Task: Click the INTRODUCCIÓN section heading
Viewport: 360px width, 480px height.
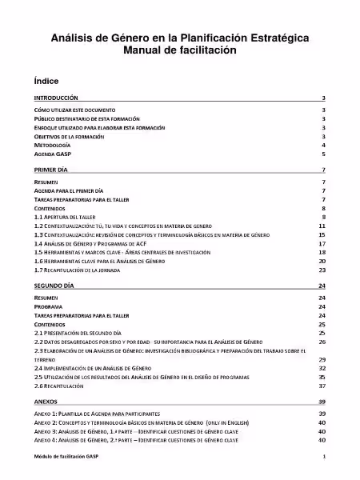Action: [62, 96]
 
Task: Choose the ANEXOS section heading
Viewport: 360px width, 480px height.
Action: [46, 401]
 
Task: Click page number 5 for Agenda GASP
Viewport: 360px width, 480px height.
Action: [323, 154]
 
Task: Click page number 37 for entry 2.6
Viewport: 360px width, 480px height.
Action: [322, 386]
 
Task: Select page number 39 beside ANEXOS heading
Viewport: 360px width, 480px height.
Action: [322, 401]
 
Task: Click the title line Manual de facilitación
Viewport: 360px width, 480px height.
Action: [180, 50]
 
